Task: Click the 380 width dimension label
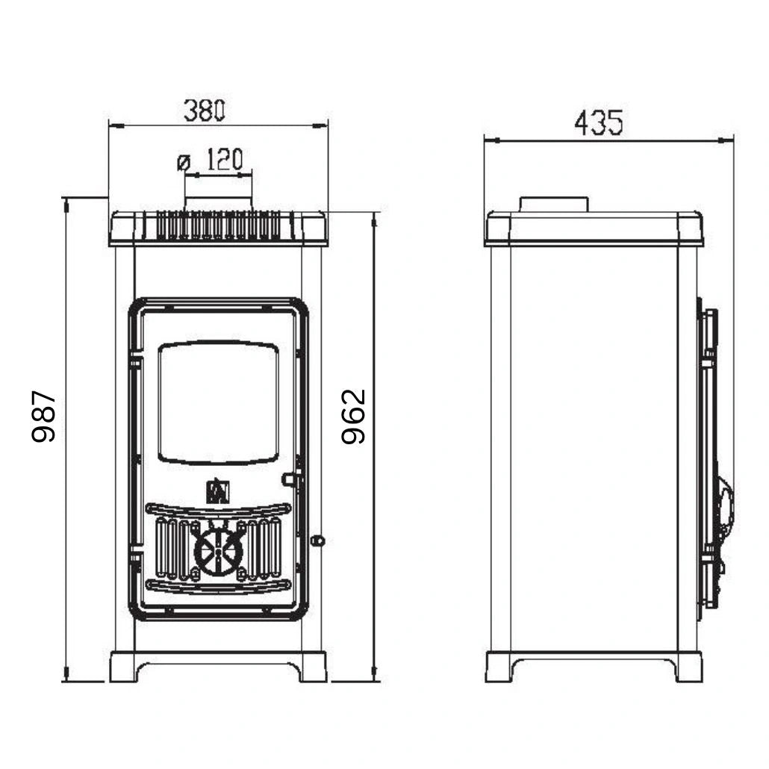click(x=205, y=110)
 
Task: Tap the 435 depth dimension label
click(x=598, y=123)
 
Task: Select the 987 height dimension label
click(x=45, y=416)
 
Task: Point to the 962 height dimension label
click(x=353, y=416)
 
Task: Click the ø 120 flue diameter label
click(x=211, y=160)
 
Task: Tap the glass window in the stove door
click(x=219, y=403)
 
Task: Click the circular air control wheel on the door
click(x=218, y=552)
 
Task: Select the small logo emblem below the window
click(x=218, y=491)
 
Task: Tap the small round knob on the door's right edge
click(x=317, y=540)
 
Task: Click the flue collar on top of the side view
click(x=554, y=204)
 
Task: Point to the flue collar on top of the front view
click(x=218, y=204)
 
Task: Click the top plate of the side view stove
click(x=594, y=228)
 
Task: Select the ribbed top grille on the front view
click(x=218, y=225)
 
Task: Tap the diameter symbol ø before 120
click(x=184, y=161)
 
